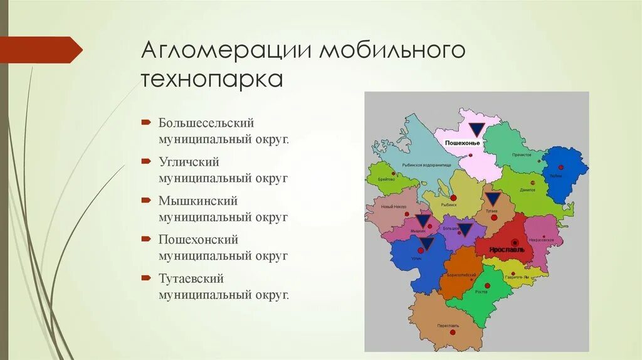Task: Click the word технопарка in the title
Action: (212, 80)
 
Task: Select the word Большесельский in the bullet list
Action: (206, 123)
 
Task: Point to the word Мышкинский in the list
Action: (197, 201)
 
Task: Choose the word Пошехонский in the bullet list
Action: (198, 240)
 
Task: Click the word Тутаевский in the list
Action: (191, 278)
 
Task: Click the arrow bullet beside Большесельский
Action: (145, 122)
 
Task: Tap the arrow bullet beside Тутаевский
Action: (145, 277)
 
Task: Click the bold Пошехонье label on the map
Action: (462, 144)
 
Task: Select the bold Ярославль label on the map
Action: (512, 249)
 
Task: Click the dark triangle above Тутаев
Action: (492, 200)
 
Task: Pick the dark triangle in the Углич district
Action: (426, 243)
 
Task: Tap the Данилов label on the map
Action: (527, 190)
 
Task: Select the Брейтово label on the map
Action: (387, 179)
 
